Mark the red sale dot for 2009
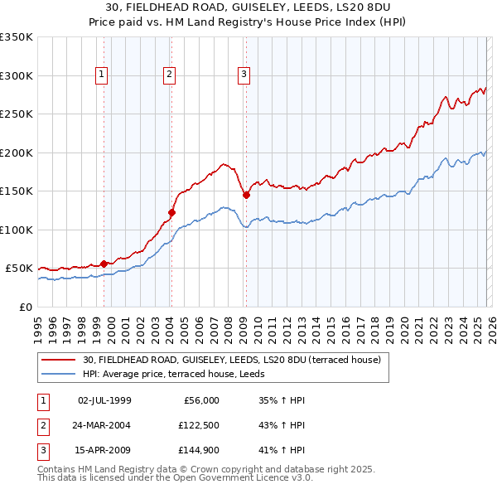coord(246,195)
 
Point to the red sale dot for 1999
coord(104,264)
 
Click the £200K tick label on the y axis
coord(17,153)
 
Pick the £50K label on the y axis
coord(19,269)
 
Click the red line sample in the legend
coord(59,360)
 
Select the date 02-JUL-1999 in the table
coord(104,400)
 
